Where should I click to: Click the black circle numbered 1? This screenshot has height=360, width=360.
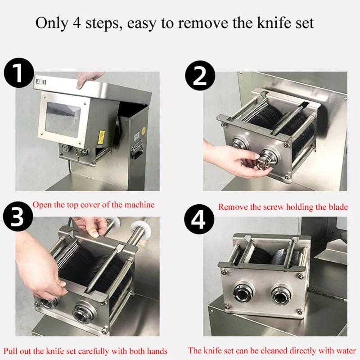click(x=19, y=73)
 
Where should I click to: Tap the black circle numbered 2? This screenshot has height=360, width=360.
click(x=200, y=75)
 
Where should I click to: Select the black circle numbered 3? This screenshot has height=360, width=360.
click(x=18, y=216)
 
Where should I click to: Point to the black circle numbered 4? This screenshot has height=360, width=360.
click(x=199, y=219)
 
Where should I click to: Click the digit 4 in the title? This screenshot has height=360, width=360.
click(x=77, y=23)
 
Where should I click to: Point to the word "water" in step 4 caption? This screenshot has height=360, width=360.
click(x=346, y=351)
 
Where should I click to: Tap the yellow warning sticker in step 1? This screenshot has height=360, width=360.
click(x=101, y=137)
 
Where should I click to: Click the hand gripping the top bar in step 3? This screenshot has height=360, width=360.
click(x=90, y=226)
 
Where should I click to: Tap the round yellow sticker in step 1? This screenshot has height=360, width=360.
click(x=144, y=130)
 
